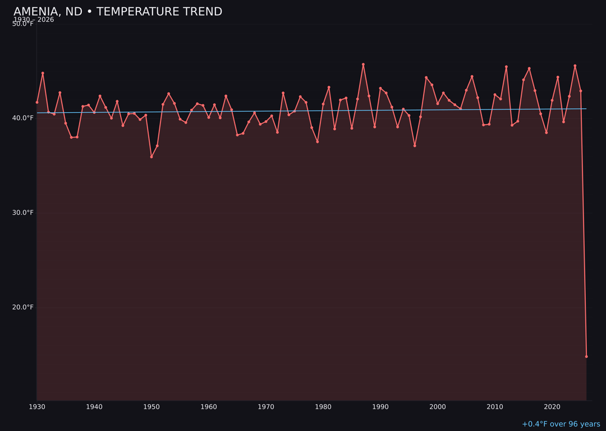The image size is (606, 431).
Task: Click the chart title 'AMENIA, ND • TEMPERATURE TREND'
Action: coord(118,12)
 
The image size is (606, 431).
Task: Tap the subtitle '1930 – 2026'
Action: coord(34,20)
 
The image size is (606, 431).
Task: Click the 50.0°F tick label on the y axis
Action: coord(23,24)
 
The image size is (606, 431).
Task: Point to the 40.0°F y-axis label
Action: coord(23,118)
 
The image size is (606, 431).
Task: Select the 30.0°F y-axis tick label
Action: coord(23,213)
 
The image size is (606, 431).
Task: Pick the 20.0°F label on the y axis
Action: coord(23,307)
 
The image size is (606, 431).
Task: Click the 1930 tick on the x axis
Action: coord(37,407)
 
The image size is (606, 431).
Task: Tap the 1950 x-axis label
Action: coord(151,407)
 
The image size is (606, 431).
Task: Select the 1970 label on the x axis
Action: coord(266,407)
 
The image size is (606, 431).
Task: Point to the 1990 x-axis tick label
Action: coord(380,407)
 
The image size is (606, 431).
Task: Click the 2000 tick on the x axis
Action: coord(438,407)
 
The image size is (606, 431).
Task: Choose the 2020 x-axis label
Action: coord(552,407)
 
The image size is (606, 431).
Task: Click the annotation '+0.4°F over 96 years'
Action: coord(561,424)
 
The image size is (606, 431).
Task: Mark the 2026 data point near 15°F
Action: coord(586,356)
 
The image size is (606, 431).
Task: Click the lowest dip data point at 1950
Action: coord(151,157)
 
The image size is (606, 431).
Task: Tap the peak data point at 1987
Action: coord(363,65)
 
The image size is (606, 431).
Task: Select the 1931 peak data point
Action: coord(43,73)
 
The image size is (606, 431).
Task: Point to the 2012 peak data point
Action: coord(506,67)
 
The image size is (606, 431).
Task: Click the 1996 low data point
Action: coord(415,145)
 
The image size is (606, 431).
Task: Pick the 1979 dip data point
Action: coord(318,141)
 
